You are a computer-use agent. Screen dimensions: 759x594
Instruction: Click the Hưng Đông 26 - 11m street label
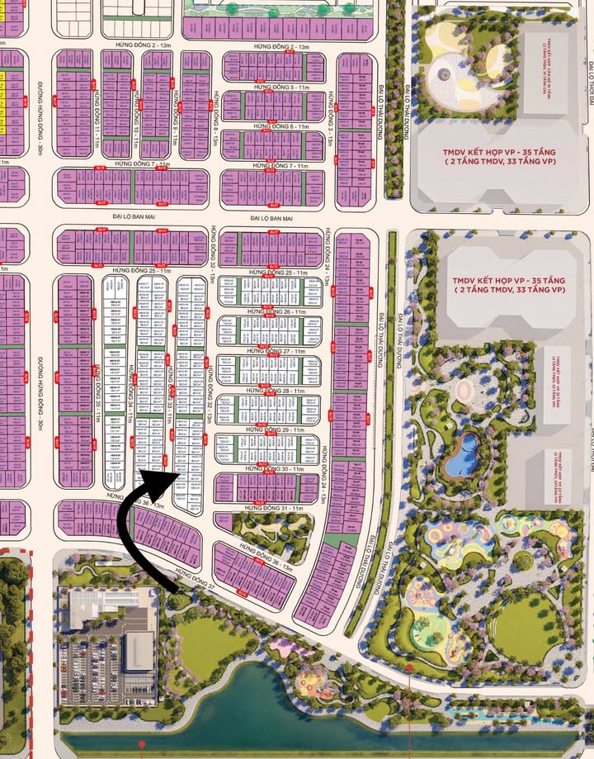(265, 311)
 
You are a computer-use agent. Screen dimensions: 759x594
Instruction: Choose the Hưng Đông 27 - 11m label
(265, 351)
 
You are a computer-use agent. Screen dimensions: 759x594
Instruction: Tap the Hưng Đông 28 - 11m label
(265, 390)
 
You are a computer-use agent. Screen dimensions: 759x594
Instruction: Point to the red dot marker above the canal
(409, 666)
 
